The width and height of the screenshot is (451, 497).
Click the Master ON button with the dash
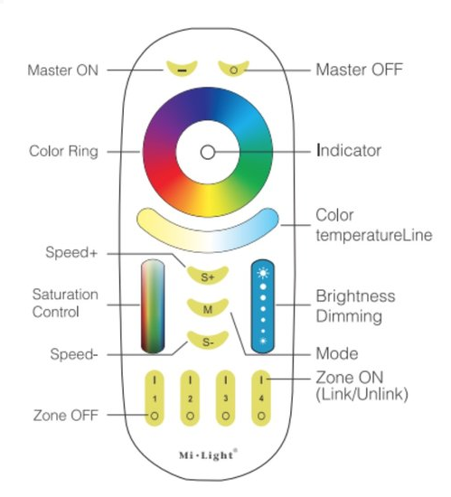click(182, 69)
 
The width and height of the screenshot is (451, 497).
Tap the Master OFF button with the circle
click(234, 69)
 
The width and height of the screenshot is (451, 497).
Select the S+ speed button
click(208, 276)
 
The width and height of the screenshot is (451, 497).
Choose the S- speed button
click(208, 341)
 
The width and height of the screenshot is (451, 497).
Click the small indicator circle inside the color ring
click(208, 153)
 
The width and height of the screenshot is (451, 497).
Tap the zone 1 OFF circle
click(155, 416)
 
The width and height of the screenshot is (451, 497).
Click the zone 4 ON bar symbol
click(261, 380)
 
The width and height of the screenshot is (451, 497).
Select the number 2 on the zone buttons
click(190, 399)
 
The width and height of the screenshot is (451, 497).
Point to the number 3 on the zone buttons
click(225, 399)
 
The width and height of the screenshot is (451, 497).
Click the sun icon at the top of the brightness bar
click(263, 273)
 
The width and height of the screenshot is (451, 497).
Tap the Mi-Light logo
click(208, 455)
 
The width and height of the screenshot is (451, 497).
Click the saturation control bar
click(153, 306)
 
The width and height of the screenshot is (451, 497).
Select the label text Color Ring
click(63, 151)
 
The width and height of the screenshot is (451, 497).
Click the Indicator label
click(349, 151)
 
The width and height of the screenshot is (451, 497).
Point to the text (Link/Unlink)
click(362, 394)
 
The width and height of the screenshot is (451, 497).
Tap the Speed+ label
click(71, 253)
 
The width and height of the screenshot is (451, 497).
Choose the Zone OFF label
click(66, 416)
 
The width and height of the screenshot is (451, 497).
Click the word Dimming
click(349, 316)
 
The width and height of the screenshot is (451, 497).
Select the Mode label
click(337, 353)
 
